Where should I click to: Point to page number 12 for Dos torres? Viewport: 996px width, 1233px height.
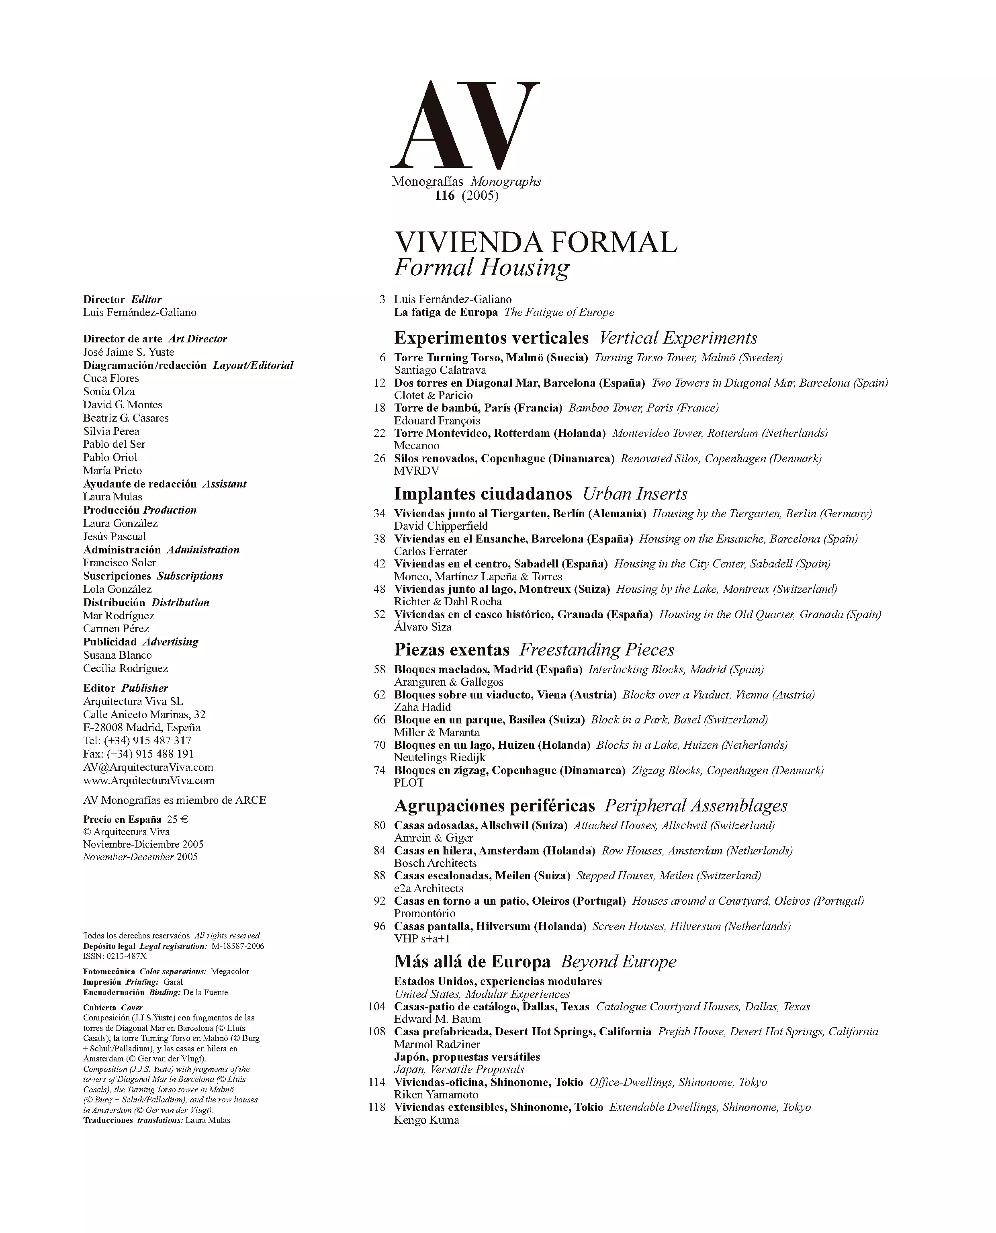[x=379, y=383]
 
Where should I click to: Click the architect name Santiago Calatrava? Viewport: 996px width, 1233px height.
[x=440, y=370]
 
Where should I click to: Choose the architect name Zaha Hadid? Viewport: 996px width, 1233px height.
[x=422, y=707]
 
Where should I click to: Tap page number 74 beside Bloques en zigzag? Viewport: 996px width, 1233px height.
[x=379, y=770]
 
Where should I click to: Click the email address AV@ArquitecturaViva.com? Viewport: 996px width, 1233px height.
[x=148, y=767]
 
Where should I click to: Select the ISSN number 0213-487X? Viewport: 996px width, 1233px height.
[x=126, y=956]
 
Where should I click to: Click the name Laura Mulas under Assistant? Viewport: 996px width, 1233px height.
[x=112, y=497]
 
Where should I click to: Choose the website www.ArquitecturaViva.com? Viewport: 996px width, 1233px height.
[x=149, y=780]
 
